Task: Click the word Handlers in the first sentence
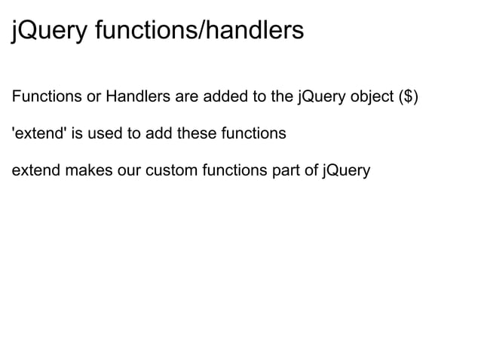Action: point(135,98)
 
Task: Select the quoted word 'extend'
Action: point(38,134)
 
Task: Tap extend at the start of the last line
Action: point(36,171)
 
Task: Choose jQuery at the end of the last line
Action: point(346,171)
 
